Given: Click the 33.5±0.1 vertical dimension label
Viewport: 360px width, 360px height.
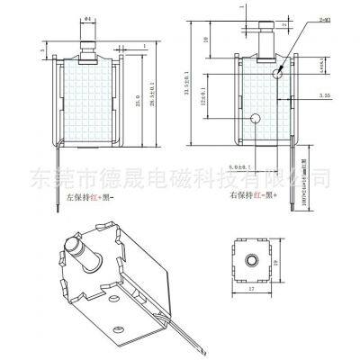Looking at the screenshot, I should click(x=213, y=87).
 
